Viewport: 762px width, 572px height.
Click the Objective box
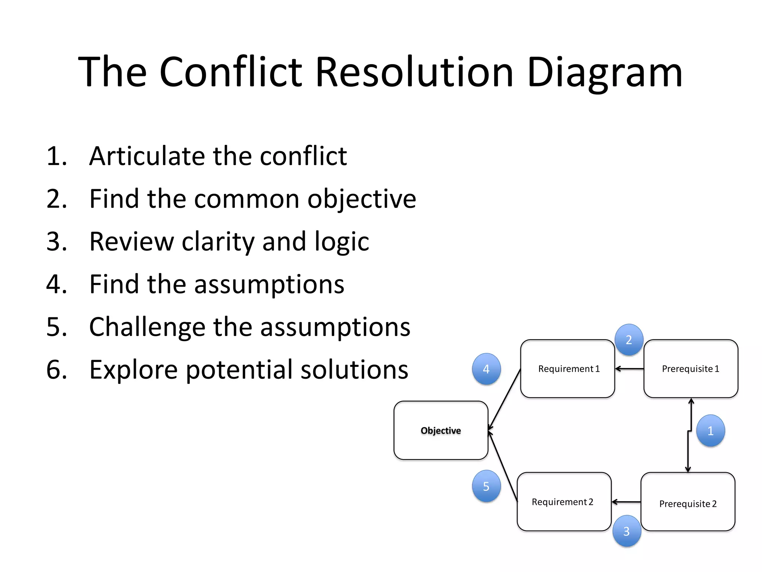441,430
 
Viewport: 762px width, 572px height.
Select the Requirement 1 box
567,369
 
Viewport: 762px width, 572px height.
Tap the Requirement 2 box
564,502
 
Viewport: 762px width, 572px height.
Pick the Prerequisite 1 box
691,369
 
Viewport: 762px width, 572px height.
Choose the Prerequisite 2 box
688,502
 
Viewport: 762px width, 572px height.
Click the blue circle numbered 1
710,431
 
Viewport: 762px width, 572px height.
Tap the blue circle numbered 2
629,340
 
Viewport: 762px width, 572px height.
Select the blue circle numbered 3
627,531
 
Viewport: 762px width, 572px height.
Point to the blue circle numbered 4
486,369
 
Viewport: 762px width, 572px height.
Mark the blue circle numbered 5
486,486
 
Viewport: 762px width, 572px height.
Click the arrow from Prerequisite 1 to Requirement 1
630,369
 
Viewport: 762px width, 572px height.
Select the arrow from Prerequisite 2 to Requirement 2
626,502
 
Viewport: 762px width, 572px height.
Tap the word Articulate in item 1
148,156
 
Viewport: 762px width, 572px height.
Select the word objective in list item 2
361,199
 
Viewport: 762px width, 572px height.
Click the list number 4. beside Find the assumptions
57,284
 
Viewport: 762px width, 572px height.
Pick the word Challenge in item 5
147,327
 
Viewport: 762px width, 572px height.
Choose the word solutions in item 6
354,370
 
